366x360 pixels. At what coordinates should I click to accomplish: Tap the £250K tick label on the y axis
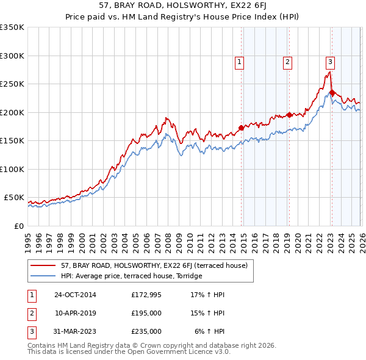point(12,84)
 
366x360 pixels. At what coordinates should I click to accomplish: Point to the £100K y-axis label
point(12,169)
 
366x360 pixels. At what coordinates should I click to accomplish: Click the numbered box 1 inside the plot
point(240,61)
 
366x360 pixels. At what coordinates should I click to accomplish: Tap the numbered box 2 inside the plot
point(287,61)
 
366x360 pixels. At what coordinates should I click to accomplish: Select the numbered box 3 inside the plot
point(330,61)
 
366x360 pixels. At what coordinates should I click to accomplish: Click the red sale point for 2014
point(241,128)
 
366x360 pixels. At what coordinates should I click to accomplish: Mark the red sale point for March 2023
point(332,93)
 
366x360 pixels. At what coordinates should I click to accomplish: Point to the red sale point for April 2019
point(289,115)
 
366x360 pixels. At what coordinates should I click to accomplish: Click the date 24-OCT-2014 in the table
point(75,295)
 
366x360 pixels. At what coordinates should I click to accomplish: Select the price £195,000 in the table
point(146,313)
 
